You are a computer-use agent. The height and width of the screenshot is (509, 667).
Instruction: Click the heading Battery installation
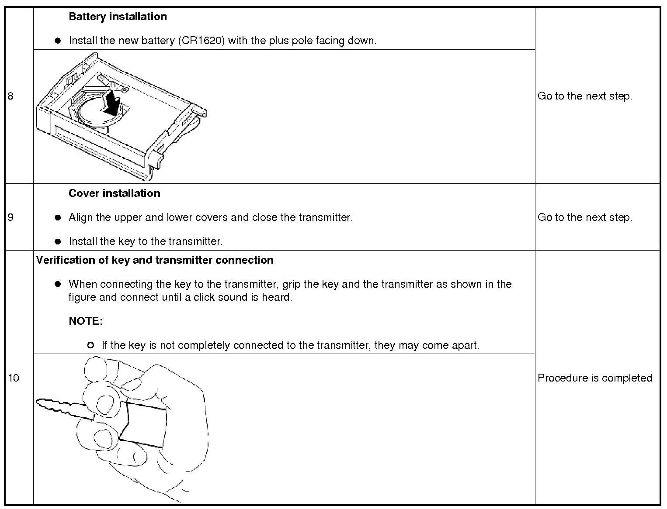(x=118, y=17)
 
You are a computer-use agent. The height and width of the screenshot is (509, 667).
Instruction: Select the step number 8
(x=10, y=96)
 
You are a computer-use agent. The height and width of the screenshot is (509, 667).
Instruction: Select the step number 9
(x=10, y=217)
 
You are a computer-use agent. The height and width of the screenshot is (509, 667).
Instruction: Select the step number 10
(x=14, y=378)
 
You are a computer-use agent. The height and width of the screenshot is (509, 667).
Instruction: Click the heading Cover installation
(x=114, y=193)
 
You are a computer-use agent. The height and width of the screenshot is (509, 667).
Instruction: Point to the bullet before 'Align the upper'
(x=57, y=217)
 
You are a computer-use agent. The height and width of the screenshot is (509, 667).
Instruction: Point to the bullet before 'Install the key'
(x=57, y=241)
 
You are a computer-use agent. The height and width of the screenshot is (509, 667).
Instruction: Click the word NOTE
(x=86, y=321)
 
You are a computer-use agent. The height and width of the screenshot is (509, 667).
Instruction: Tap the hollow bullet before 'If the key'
(x=90, y=345)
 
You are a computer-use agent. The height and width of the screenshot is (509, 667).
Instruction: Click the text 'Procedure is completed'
(x=594, y=378)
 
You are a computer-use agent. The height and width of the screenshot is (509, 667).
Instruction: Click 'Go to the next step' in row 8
(x=584, y=96)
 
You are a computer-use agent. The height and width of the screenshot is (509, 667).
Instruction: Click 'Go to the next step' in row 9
(x=584, y=217)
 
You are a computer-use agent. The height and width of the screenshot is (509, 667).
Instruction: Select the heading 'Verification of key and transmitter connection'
(x=155, y=260)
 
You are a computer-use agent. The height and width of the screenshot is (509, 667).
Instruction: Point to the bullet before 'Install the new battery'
(x=57, y=41)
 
